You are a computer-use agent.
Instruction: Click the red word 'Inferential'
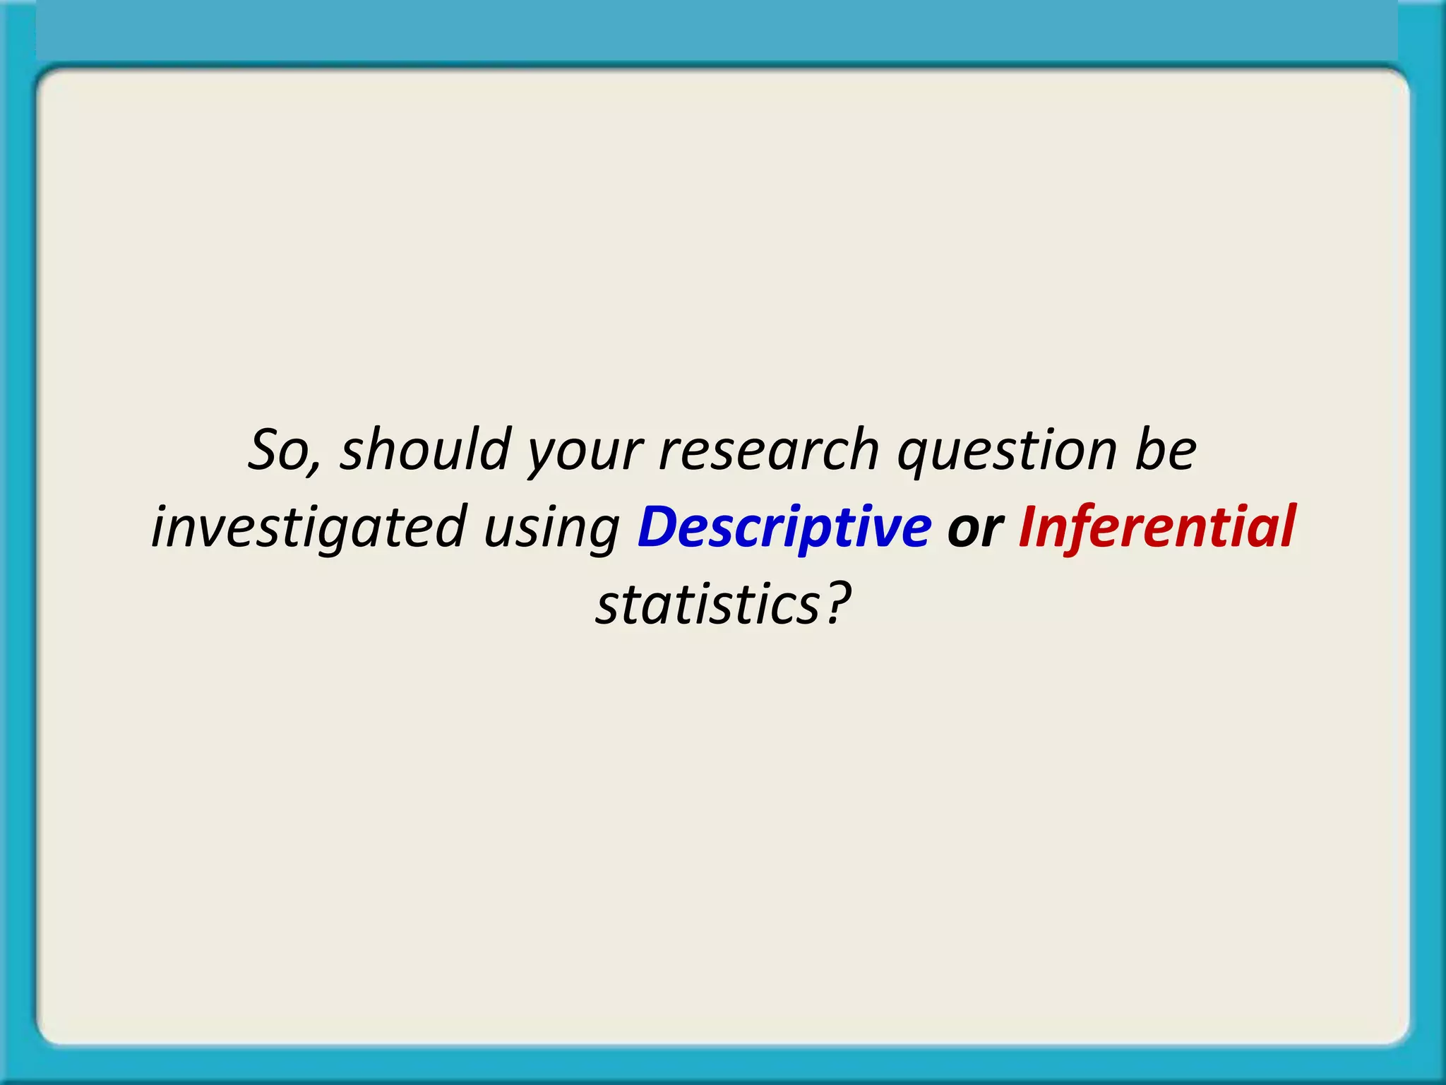(x=1157, y=527)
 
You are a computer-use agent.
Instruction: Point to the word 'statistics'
(x=707, y=605)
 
